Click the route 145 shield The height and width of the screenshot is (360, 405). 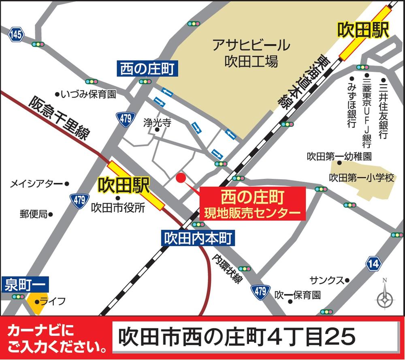(16, 35)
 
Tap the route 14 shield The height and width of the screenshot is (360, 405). (373, 264)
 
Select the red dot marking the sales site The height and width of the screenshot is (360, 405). (181, 177)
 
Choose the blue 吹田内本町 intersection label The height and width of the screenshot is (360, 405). (198, 238)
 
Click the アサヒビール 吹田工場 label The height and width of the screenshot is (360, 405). (251, 53)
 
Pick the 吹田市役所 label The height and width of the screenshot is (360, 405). (118, 208)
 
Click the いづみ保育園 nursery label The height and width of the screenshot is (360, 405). (88, 94)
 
